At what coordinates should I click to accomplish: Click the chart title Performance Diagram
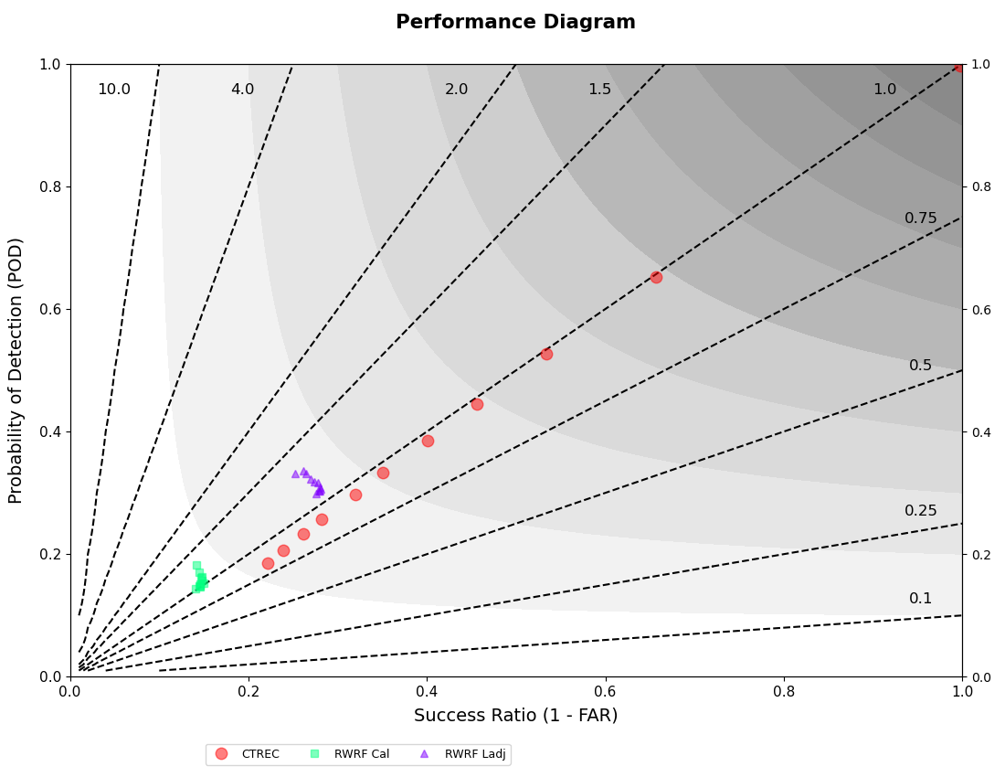[x=515, y=22]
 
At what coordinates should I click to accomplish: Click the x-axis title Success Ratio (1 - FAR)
[x=515, y=716]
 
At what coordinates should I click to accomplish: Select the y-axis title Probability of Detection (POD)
[x=16, y=370]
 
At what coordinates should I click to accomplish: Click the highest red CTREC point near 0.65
[x=656, y=277]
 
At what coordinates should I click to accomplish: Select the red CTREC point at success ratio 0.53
[x=546, y=354]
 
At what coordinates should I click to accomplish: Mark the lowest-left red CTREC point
[x=268, y=563]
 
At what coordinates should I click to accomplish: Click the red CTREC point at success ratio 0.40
[x=428, y=441]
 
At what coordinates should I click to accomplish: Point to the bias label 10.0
[x=114, y=90]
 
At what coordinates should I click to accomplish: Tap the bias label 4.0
[x=242, y=90]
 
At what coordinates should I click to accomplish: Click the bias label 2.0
[x=456, y=90]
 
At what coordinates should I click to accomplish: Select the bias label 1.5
[x=599, y=90]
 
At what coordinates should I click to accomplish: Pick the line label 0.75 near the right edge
[x=920, y=218]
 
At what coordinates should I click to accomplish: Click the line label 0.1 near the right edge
[x=920, y=599]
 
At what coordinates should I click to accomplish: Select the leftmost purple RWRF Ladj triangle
[x=295, y=474]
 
